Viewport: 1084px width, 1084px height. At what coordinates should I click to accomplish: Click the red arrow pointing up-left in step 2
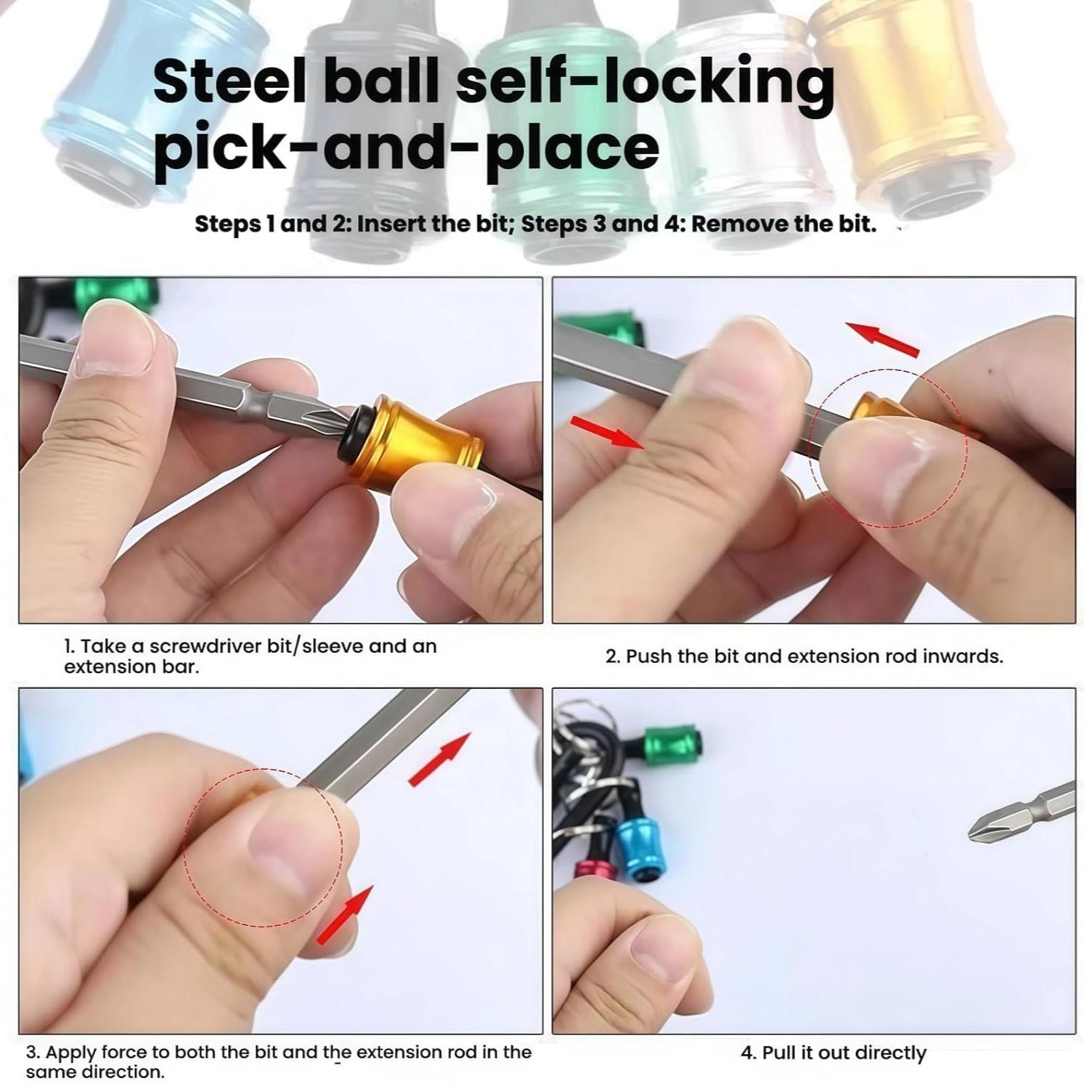[884, 340]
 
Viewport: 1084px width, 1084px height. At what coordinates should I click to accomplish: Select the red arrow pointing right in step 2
[608, 433]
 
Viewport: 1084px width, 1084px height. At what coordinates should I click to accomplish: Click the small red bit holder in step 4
[592, 871]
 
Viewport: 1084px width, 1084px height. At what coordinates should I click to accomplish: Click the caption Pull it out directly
[833, 1053]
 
